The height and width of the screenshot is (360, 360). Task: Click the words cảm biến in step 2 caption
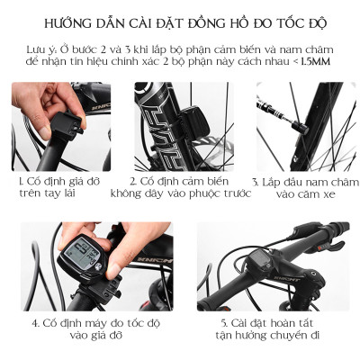click(x=193, y=180)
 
